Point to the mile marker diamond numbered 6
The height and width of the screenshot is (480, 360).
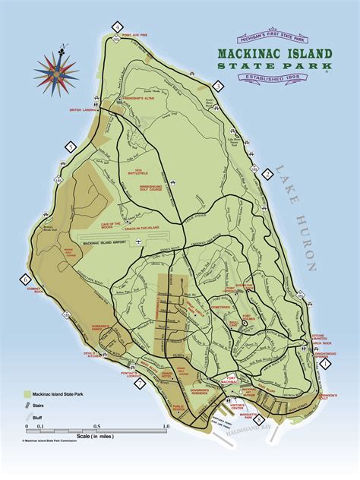[x=25, y=278]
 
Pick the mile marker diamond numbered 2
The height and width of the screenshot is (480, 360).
[x=267, y=174]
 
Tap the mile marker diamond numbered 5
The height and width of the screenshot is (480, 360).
[x=71, y=147]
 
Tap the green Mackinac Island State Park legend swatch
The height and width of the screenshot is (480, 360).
[x=27, y=396]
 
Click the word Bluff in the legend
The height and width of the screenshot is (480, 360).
[x=41, y=417]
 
